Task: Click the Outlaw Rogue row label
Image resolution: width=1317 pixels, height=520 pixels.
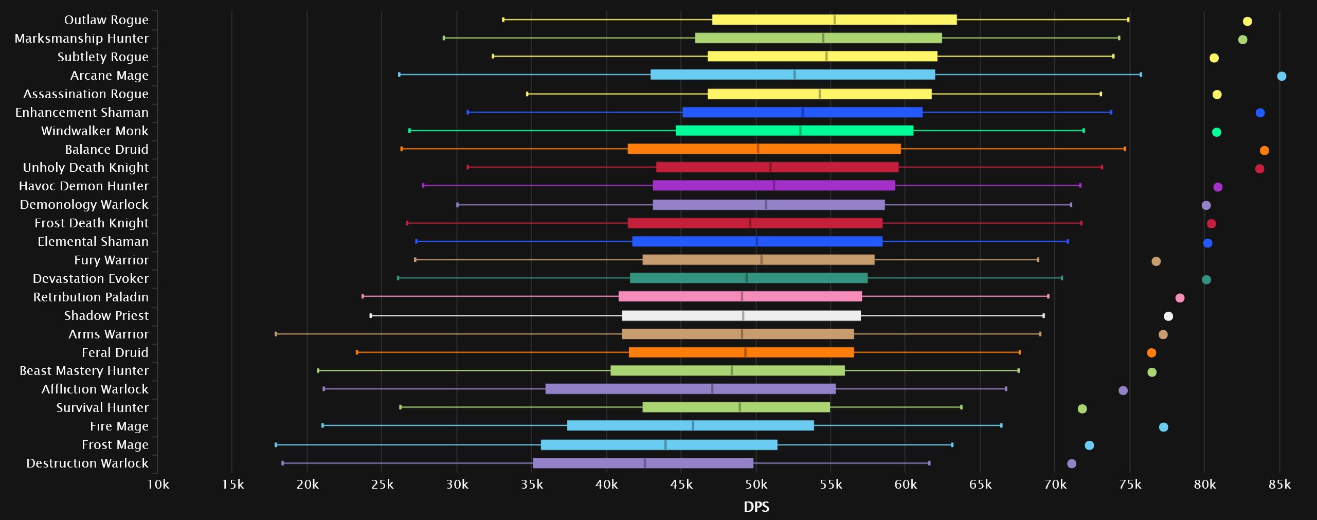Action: point(106,20)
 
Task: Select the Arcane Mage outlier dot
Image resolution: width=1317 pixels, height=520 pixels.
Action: point(1282,77)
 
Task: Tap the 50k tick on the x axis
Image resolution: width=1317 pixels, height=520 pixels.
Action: point(756,485)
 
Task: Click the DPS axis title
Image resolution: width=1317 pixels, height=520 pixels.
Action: point(756,507)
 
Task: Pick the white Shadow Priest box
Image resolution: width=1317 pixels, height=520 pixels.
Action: point(741,316)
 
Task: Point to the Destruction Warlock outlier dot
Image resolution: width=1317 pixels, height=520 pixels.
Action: point(1072,464)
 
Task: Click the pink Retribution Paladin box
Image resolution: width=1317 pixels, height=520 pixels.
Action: point(739,297)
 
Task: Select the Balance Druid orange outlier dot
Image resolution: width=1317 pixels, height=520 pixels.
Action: point(1265,151)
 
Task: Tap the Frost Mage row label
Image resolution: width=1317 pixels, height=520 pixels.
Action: point(115,445)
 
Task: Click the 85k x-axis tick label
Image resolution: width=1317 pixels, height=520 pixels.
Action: point(1279,485)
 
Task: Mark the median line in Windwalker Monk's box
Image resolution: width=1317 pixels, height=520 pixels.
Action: point(801,131)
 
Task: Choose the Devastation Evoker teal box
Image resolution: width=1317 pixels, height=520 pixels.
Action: point(748,278)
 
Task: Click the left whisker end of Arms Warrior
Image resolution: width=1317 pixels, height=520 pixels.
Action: point(276,334)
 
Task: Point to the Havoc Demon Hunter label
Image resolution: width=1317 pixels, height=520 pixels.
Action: point(83,186)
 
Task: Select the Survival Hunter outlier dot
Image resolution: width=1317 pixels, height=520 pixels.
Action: point(1082,409)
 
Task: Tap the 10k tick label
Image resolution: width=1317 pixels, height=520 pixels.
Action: point(158,485)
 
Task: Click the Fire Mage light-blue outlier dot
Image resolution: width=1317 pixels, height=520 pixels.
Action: point(1163,427)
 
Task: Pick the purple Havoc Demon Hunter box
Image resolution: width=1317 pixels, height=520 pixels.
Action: point(773,186)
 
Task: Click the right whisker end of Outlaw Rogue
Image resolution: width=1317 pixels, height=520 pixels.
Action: point(1128,20)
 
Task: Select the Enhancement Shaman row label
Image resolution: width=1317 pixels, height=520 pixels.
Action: point(82,113)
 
